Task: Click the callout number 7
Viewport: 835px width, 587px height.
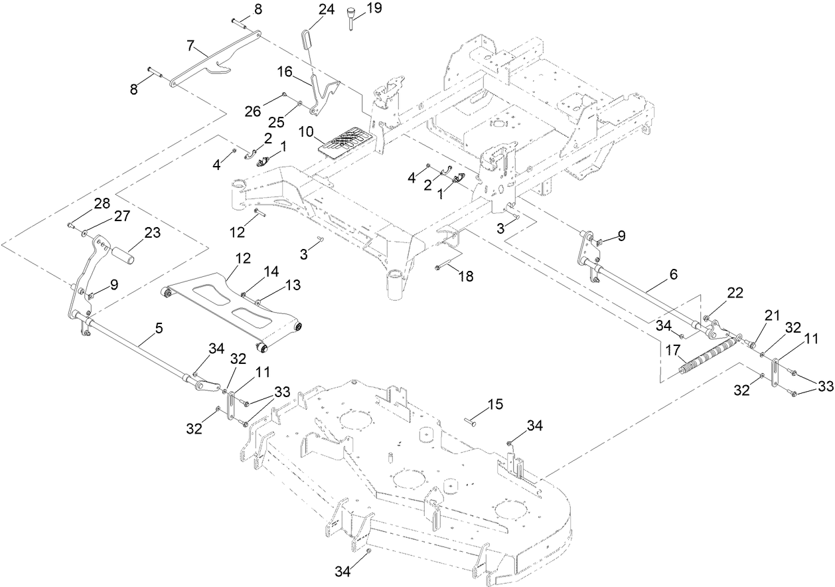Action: pos(190,45)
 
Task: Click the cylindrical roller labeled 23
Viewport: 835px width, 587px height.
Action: pos(125,254)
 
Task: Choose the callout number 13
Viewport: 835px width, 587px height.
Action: pos(293,285)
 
